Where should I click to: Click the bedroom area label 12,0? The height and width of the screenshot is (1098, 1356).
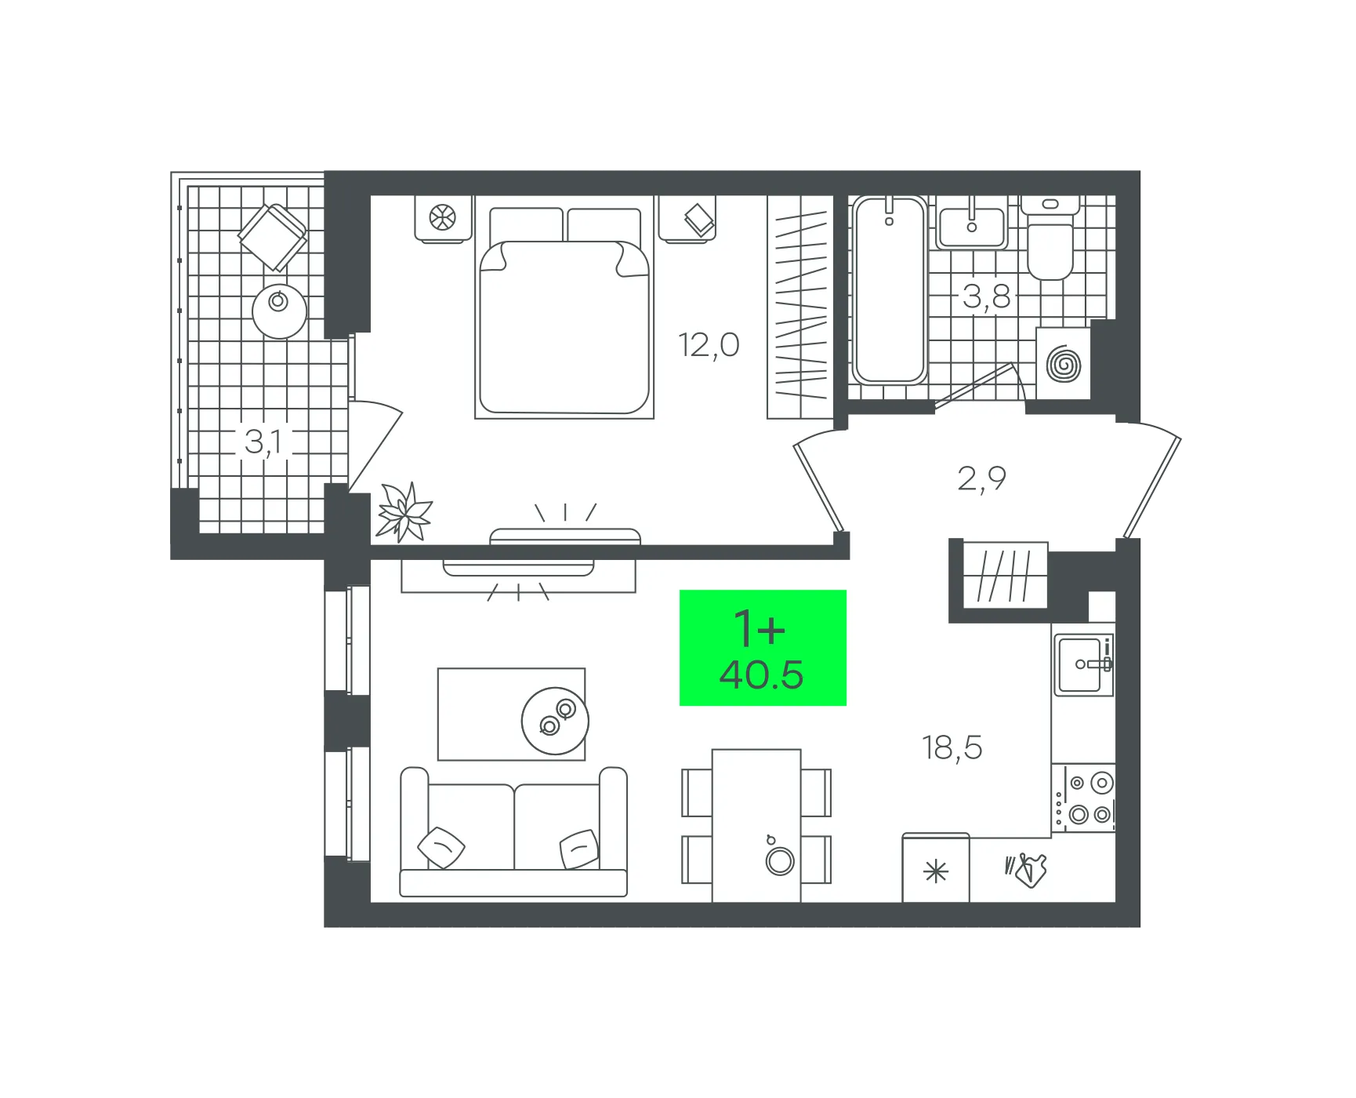(709, 345)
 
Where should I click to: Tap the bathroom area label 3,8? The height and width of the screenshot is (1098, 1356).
(986, 296)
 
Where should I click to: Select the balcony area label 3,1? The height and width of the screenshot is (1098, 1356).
(263, 442)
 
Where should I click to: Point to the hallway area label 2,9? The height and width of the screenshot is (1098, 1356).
(981, 478)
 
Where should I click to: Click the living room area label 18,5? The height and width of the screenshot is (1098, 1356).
(952, 747)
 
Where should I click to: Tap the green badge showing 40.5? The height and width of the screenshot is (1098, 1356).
(763, 648)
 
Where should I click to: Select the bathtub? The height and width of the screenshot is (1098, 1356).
(889, 289)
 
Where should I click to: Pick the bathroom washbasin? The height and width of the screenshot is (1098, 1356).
(972, 223)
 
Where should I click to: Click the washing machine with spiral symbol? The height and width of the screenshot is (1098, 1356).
(1063, 364)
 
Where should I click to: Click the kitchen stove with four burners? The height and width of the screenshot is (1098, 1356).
(1083, 798)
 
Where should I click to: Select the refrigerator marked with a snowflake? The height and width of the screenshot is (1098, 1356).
(936, 868)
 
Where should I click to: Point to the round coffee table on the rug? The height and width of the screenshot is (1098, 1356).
(555, 721)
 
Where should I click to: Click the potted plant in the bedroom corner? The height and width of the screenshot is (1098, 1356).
(404, 513)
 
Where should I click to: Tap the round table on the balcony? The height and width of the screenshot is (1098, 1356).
(279, 311)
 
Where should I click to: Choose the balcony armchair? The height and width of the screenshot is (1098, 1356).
(272, 236)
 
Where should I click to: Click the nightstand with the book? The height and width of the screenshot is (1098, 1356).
(687, 219)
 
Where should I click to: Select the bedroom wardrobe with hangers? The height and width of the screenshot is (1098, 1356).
(799, 307)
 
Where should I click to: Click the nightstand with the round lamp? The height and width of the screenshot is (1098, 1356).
(443, 219)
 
